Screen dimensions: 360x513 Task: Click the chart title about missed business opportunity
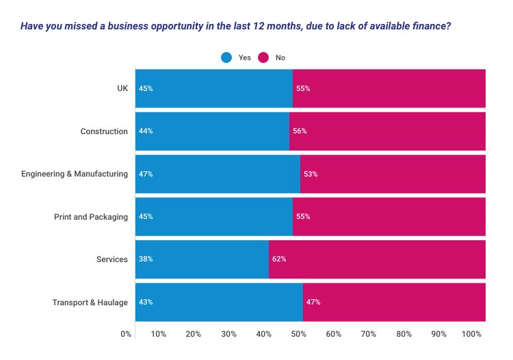(x=235, y=27)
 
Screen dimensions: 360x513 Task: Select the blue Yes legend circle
(x=226, y=58)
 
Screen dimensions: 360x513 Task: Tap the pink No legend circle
(x=264, y=58)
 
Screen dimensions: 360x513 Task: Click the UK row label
(x=122, y=88)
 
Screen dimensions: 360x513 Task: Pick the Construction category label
(x=104, y=131)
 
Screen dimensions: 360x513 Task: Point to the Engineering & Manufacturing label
(x=75, y=174)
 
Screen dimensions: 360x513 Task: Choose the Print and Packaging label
(x=91, y=217)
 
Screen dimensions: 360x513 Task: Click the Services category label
(x=112, y=259)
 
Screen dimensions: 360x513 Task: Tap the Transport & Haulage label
(x=90, y=303)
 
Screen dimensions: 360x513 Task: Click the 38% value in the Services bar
(x=146, y=259)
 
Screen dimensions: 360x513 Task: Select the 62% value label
(x=279, y=259)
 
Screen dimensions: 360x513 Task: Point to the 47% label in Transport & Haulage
(x=313, y=302)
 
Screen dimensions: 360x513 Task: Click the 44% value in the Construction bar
(x=146, y=131)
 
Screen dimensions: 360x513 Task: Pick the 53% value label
(x=311, y=174)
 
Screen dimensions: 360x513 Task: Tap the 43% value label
(x=146, y=302)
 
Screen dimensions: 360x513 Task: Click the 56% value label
(x=300, y=131)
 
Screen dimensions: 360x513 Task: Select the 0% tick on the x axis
(x=126, y=334)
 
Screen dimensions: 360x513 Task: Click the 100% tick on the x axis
(x=472, y=334)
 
